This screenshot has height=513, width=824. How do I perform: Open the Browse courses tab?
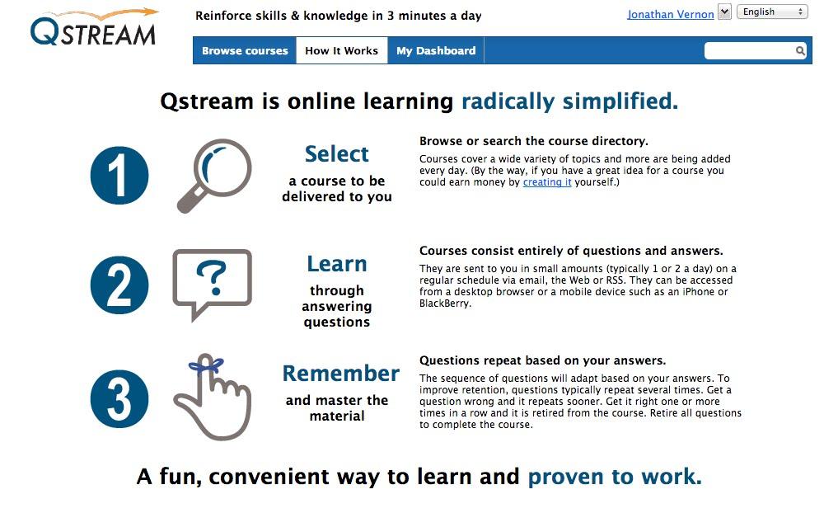[245, 50]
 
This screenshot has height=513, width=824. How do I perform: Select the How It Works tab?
[342, 50]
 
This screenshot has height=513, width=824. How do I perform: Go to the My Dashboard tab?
[436, 50]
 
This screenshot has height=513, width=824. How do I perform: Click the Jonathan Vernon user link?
[671, 14]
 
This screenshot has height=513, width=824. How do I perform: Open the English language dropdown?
[772, 12]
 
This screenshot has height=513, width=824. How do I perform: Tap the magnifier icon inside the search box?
[800, 50]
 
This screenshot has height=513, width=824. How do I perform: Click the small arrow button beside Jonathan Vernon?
[724, 12]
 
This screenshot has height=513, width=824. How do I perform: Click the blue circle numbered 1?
[119, 175]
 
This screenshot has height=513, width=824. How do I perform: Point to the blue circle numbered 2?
[119, 285]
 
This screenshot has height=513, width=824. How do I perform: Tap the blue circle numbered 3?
[119, 399]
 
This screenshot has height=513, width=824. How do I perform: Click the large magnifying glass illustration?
[214, 176]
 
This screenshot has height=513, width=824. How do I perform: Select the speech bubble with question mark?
[213, 284]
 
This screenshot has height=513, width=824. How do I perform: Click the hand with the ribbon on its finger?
[213, 397]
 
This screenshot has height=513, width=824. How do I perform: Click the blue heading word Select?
[337, 154]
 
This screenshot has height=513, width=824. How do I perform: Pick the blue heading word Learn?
[337, 264]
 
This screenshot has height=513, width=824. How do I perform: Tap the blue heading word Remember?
[341, 374]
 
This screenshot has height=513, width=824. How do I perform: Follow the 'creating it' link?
[547, 182]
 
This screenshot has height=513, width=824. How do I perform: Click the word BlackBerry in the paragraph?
[444, 303]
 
